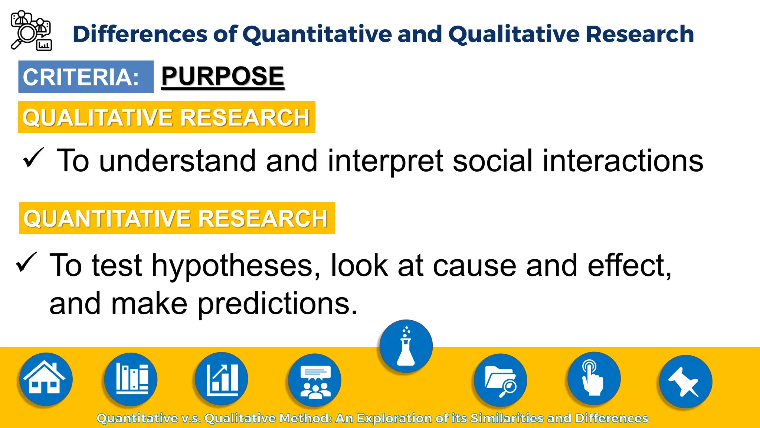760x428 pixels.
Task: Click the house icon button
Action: (45, 379)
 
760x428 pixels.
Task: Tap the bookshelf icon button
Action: (131, 379)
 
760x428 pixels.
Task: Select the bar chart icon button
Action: (222, 379)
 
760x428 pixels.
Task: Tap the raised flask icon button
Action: (406, 346)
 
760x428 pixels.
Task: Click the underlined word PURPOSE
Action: (223, 77)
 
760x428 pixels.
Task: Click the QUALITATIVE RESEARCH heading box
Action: (167, 117)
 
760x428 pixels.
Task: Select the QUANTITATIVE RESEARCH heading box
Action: (177, 218)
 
